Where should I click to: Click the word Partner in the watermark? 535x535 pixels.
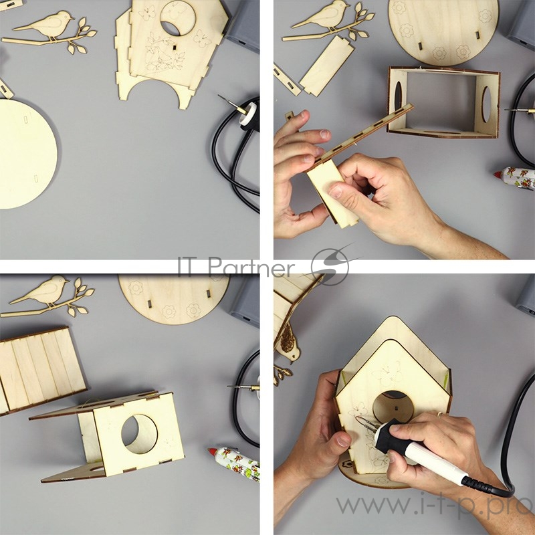(x=251, y=266)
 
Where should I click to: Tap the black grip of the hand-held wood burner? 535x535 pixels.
(x=390, y=437)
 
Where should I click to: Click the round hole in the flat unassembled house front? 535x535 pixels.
(x=178, y=18)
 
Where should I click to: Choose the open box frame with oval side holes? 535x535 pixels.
(x=443, y=102)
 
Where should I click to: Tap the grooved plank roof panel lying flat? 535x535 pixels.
(x=40, y=370)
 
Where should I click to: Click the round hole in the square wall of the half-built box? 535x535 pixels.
(x=139, y=434)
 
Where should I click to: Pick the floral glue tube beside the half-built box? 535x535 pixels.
(x=234, y=463)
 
